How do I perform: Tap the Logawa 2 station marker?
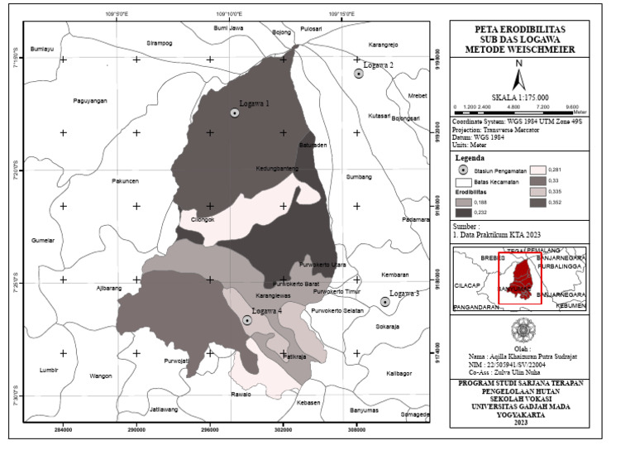click(x=359, y=74)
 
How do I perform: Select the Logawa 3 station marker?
click(x=385, y=302)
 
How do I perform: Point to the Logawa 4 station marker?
click(x=247, y=319)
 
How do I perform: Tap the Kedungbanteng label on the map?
click(x=277, y=169)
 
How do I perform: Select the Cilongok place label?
click(x=203, y=219)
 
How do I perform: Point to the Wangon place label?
click(x=101, y=376)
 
